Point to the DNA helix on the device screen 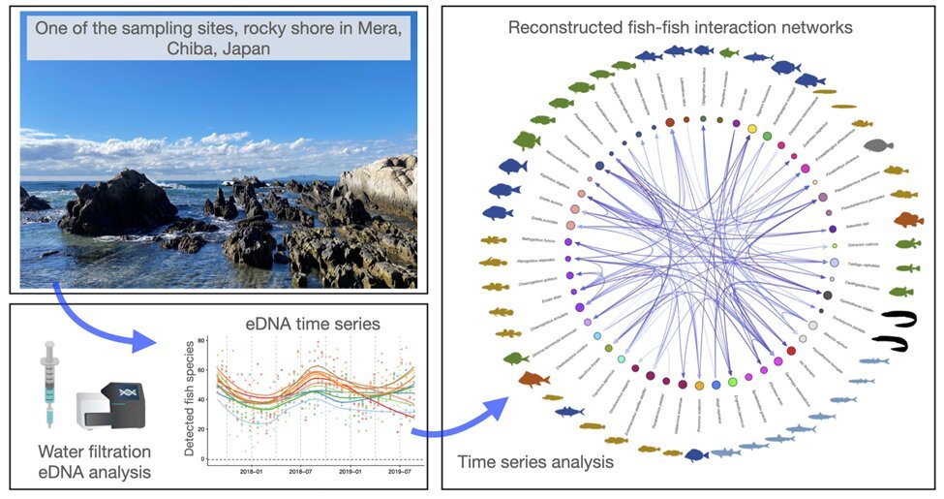pos(125,390)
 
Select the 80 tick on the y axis pos(201,341)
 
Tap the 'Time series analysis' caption pos(535,462)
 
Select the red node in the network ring pos(791,351)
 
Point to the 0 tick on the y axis pos(201,458)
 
